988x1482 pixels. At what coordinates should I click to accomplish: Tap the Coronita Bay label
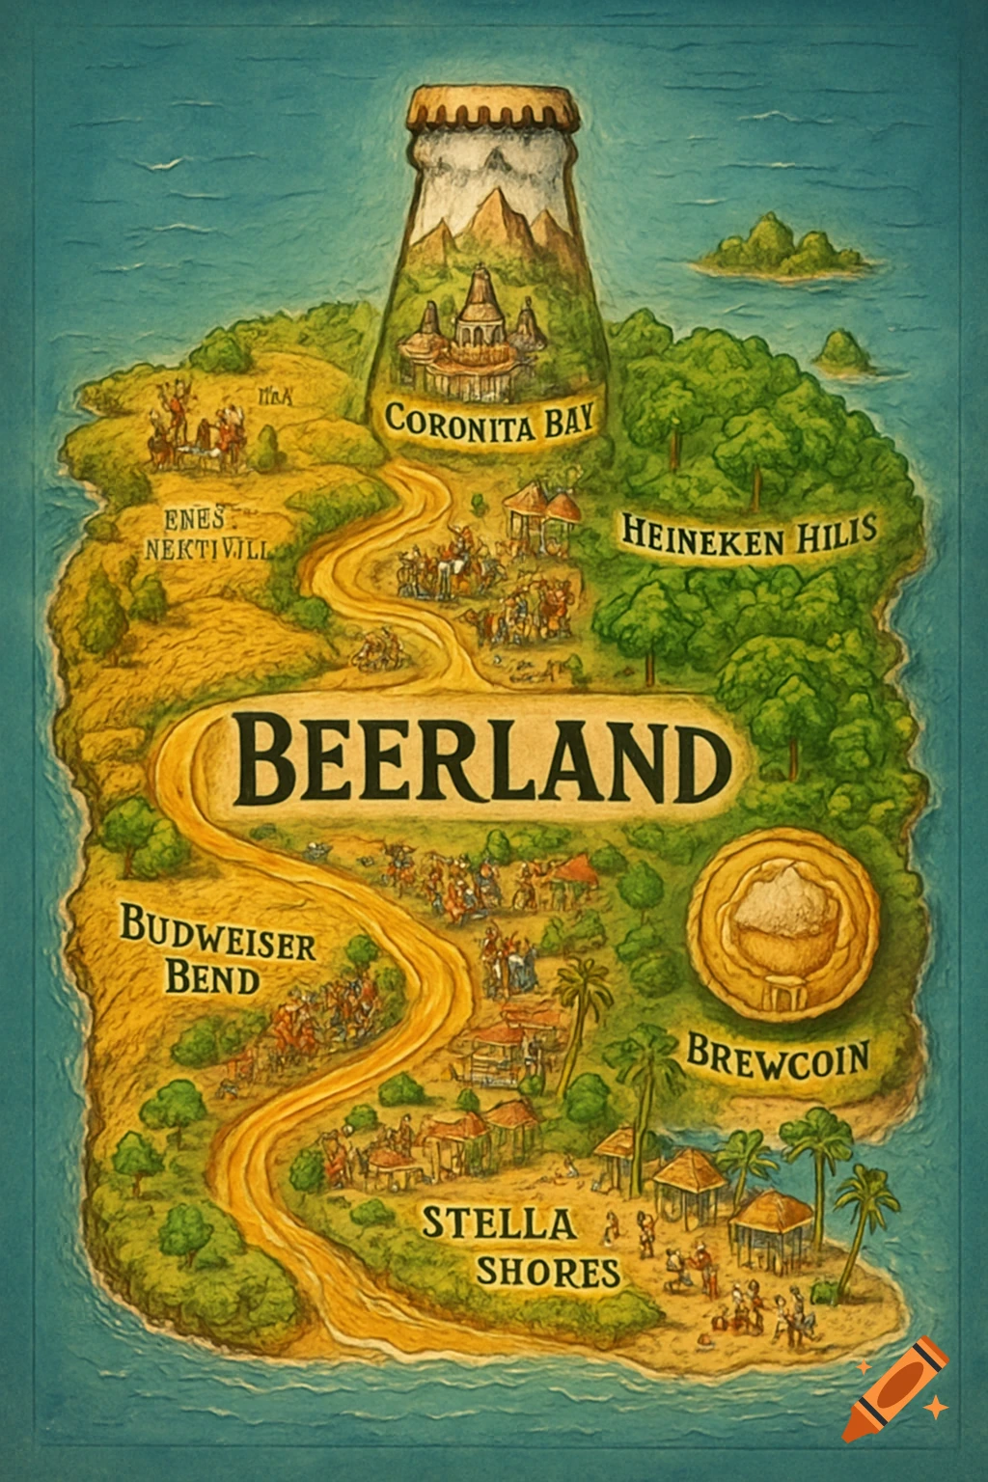point(488,423)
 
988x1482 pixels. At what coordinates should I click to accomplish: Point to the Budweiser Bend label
point(217,962)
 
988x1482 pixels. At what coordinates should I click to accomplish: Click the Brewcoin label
point(778,1055)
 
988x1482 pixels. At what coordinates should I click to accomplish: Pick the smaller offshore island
point(849,352)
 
